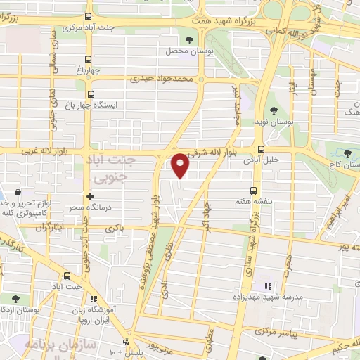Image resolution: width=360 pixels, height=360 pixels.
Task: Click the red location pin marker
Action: (x=181, y=165)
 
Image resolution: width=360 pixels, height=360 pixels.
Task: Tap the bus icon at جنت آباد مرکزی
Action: (x=88, y=16)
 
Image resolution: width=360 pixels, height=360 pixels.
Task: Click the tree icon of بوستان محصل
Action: (x=189, y=39)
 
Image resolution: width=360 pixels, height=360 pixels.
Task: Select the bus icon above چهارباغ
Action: (x=87, y=59)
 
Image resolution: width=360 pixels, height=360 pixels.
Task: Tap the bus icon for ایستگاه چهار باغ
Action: (x=90, y=94)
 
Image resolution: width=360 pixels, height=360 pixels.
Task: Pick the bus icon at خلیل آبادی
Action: (x=262, y=149)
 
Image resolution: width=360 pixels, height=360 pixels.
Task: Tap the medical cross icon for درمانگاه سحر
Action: (x=90, y=197)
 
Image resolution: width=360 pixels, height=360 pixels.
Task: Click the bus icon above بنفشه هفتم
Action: (x=254, y=190)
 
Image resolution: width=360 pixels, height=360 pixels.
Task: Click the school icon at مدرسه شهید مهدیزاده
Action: (x=267, y=286)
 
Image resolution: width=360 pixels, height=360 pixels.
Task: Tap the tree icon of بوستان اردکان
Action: (x=15, y=299)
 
